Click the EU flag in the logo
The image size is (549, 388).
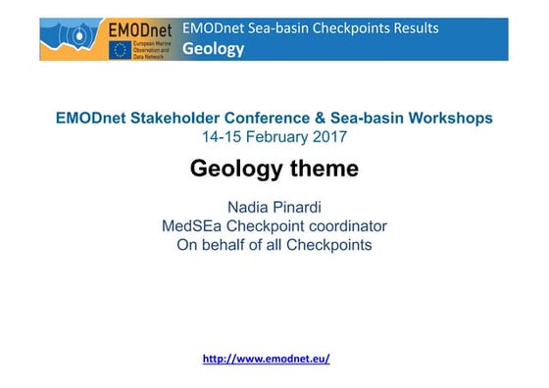pos(122,49)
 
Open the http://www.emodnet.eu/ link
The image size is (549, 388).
pos(266,359)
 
